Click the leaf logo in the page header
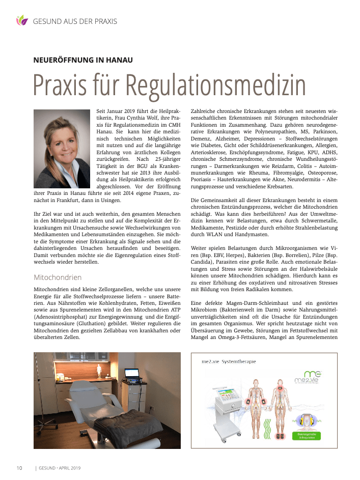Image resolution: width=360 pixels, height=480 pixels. (21, 21)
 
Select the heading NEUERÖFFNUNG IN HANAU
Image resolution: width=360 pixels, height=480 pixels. (83, 60)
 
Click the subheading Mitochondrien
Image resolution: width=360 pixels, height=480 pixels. (58, 278)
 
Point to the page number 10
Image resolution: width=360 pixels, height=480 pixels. (19, 468)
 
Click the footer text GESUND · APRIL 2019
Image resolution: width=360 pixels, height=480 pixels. (60, 468)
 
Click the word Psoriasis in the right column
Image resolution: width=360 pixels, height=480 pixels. (202, 180)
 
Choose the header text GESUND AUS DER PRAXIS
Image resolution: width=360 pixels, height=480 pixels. (75, 21)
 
